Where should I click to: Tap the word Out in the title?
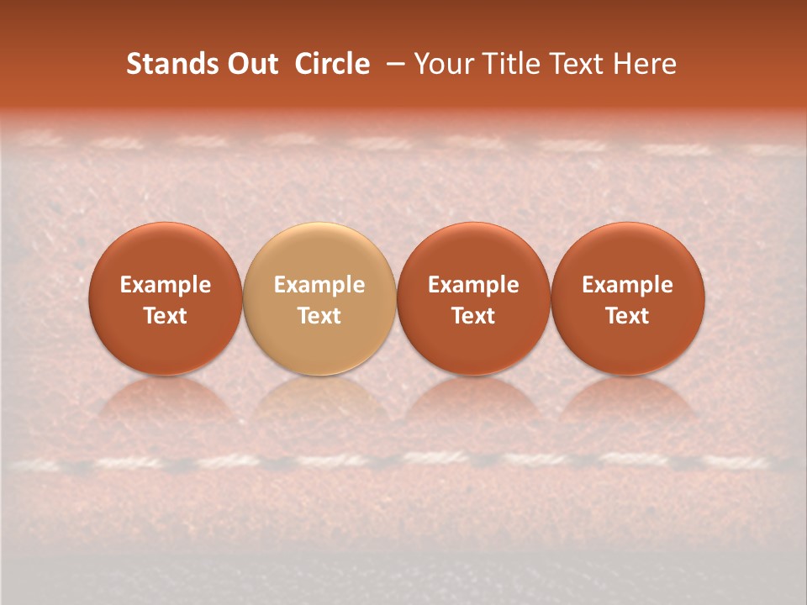tap(250, 64)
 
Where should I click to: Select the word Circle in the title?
tap(332, 64)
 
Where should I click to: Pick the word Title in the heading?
tap(506, 64)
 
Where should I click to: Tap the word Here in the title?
tap(642, 64)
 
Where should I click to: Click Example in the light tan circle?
tap(319, 285)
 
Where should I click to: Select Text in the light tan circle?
tap(319, 316)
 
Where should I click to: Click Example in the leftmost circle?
tap(166, 285)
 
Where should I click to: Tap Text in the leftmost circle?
tap(166, 316)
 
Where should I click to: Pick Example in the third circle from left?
tap(473, 285)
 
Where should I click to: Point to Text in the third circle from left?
tap(473, 316)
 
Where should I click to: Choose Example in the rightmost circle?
tap(627, 285)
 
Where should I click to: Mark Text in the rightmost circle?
tap(627, 316)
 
